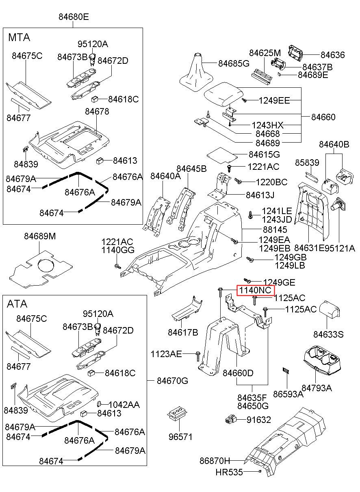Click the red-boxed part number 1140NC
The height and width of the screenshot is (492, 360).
pyautogui.click(x=256, y=290)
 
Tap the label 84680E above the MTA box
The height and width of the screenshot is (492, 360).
pyautogui.click(x=74, y=17)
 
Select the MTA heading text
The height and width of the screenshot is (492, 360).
pyautogui.click(x=19, y=37)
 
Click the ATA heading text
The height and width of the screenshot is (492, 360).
pyautogui.click(x=17, y=304)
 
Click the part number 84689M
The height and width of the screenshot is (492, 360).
pyautogui.click(x=39, y=236)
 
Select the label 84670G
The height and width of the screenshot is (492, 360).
pyautogui.click(x=173, y=381)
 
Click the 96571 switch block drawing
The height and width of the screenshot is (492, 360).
pyautogui.click(x=177, y=416)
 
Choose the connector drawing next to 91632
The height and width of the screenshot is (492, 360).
pyautogui.click(x=231, y=420)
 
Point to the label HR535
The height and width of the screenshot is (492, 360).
pyautogui.click(x=229, y=472)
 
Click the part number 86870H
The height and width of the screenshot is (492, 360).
pyautogui.click(x=215, y=461)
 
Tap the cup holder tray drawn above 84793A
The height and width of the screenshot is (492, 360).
pyautogui.click(x=320, y=360)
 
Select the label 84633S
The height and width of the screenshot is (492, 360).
pyautogui.click(x=328, y=334)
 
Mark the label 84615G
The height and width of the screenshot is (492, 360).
pyautogui.click(x=265, y=154)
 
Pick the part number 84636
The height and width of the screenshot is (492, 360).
pyautogui.click(x=332, y=55)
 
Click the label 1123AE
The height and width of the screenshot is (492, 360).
pyautogui.click(x=166, y=354)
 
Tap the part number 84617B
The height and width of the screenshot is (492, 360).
pyautogui.click(x=183, y=332)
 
